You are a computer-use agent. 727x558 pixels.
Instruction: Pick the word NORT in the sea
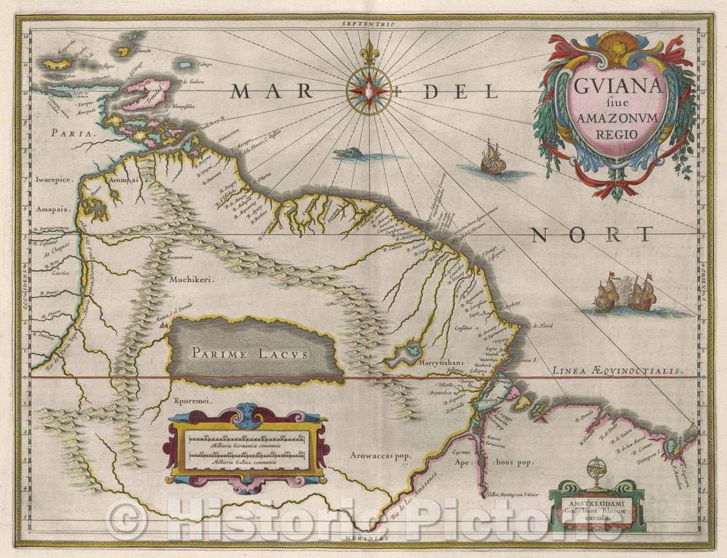coord(591,235)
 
